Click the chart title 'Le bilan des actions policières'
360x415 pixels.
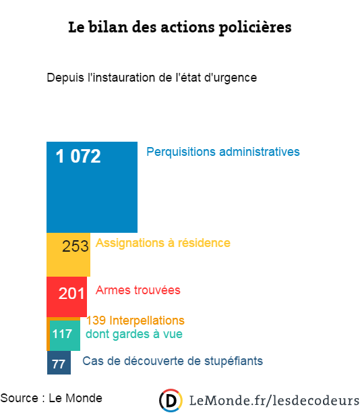click(x=179, y=28)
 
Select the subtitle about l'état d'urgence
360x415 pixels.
click(x=152, y=78)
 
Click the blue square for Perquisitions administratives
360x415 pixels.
click(x=92, y=196)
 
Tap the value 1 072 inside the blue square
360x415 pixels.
click(x=78, y=157)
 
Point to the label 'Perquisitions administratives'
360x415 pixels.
click(x=222, y=152)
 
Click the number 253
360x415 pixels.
click(x=75, y=246)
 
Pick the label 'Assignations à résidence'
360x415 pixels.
click(x=162, y=243)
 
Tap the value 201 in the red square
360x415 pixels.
click(x=71, y=294)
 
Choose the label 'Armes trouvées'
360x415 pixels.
click(x=138, y=290)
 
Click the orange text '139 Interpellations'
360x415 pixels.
click(x=135, y=320)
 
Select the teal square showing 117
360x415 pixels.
click(x=65, y=335)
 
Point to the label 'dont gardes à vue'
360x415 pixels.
click(x=133, y=333)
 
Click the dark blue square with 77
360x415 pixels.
click(x=59, y=363)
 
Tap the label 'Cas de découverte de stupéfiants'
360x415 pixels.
click(x=173, y=361)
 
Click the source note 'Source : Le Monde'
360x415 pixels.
click(x=51, y=398)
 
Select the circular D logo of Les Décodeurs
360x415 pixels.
click(x=171, y=400)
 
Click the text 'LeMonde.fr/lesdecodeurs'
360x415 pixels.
click(x=273, y=401)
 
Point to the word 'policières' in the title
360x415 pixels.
click(x=256, y=28)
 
